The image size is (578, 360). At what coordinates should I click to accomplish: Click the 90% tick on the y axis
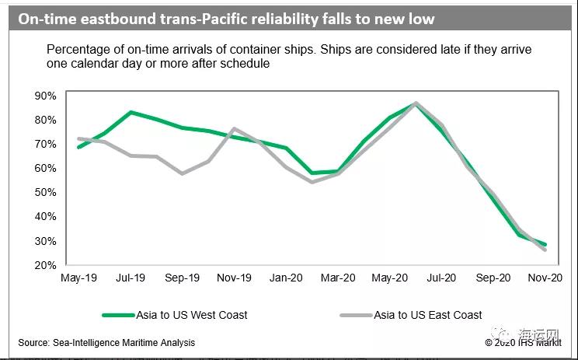pyautogui.click(x=45, y=96)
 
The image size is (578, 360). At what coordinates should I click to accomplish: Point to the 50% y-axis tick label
pyautogui.click(x=45, y=192)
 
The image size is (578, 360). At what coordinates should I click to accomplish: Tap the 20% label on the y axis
pyautogui.click(x=45, y=265)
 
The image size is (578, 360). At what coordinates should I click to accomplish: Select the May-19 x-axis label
pyautogui.click(x=79, y=278)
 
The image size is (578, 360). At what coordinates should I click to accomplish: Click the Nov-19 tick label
pyautogui.click(x=234, y=278)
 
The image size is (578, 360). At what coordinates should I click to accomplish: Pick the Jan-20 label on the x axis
pyautogui.click(x=286, y=278)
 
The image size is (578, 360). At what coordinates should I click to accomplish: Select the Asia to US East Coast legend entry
pyautogui.click(x=428, y=315)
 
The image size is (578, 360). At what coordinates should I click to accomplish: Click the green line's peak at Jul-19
pyautogui.click(x=131, y=112)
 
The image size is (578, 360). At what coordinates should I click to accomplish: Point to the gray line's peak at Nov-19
pyautogui.click(x=234, y=128)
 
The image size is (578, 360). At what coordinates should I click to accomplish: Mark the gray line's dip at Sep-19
pyautogui.click(x=183, y=173)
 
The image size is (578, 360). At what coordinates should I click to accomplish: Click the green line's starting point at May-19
pyautogui.click(x=79, y=147)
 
